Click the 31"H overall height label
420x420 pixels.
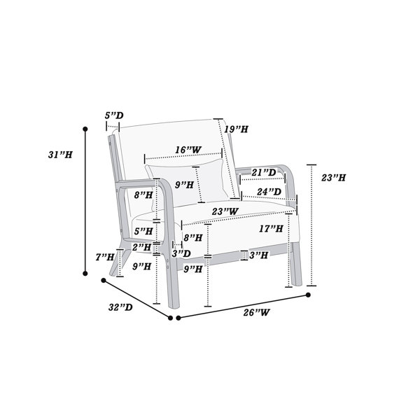click(x=60, y=155)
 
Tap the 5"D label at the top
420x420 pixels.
click(x=114, y=115)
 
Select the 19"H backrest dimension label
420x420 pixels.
click(x=237, y=129)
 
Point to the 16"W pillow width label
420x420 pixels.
click(x=188, y=150)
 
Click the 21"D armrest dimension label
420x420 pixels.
click(x=264, y=172)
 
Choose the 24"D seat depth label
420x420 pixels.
click(x=269, y=192)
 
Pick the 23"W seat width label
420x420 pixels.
click(x=225, y=211)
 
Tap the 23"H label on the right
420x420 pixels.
click(x=333, y=178)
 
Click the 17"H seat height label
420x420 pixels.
click(x=271, y=229)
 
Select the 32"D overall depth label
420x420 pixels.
click(x=120, y=307)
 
